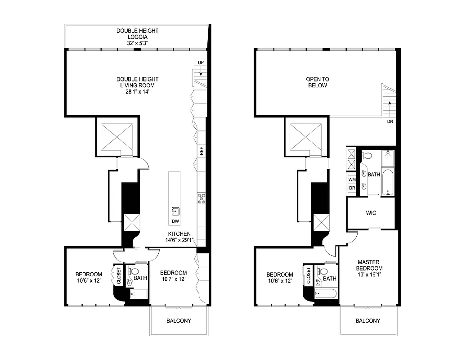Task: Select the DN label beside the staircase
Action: click(390, 121)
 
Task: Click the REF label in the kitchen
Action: click(202, 151)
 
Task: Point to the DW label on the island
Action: click(175, 221)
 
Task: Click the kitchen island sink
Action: click(175, 211)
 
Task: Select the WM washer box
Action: click(352, 180)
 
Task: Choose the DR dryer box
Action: click(352, 188)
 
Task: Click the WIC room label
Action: click(371, 212)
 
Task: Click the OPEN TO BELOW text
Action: click(317, 82)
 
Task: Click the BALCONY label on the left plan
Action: click(179, 321)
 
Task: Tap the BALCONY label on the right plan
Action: click(367, 321)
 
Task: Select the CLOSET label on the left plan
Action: click(119, 275)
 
